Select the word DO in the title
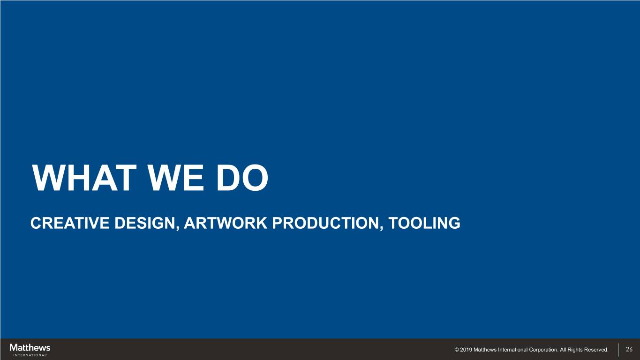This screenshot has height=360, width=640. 242,178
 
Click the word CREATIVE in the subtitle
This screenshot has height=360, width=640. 70,223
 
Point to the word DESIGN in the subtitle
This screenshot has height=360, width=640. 145,223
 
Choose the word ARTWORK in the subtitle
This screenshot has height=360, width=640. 226,223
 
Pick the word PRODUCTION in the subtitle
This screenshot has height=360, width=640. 325,223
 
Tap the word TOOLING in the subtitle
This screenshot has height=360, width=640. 424,223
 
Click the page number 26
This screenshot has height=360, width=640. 629,349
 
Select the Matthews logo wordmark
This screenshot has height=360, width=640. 30,348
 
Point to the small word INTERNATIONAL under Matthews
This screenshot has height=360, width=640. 30,355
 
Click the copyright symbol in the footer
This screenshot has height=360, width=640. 457,350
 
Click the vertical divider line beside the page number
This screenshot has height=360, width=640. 618,349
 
